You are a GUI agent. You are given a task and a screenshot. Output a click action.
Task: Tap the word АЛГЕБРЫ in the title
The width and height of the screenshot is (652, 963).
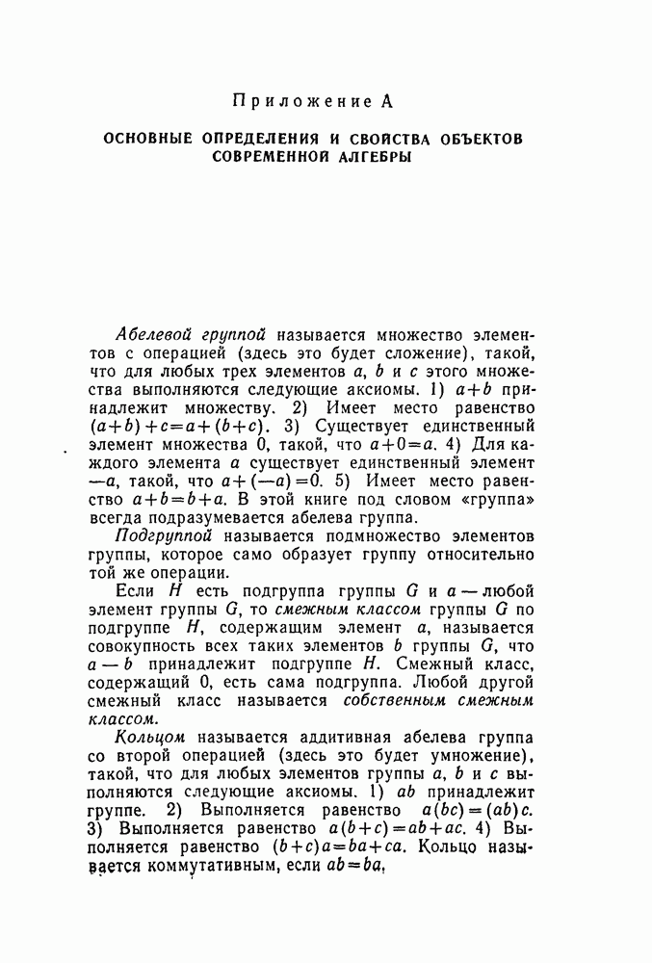pyautogui.click(x=374, y=157)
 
